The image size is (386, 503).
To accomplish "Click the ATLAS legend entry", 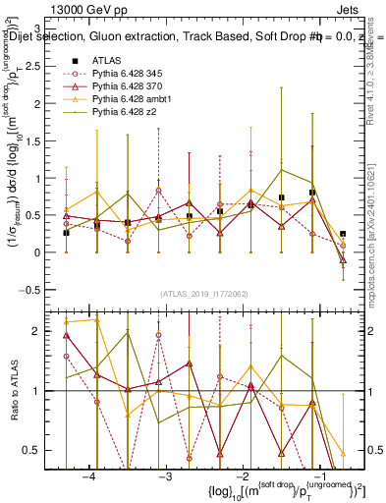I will click(x=106, y=60).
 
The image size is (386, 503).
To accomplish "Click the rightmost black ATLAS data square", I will click(x=343, y=234).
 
